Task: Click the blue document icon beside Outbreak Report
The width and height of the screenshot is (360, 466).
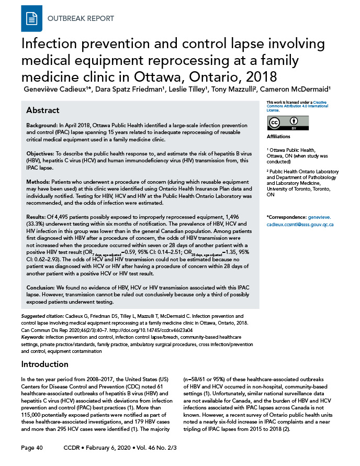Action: point(31,19)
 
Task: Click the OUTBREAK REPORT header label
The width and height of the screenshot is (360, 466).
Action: point(81,19)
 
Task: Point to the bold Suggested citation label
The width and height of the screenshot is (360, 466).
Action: point(43,317)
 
